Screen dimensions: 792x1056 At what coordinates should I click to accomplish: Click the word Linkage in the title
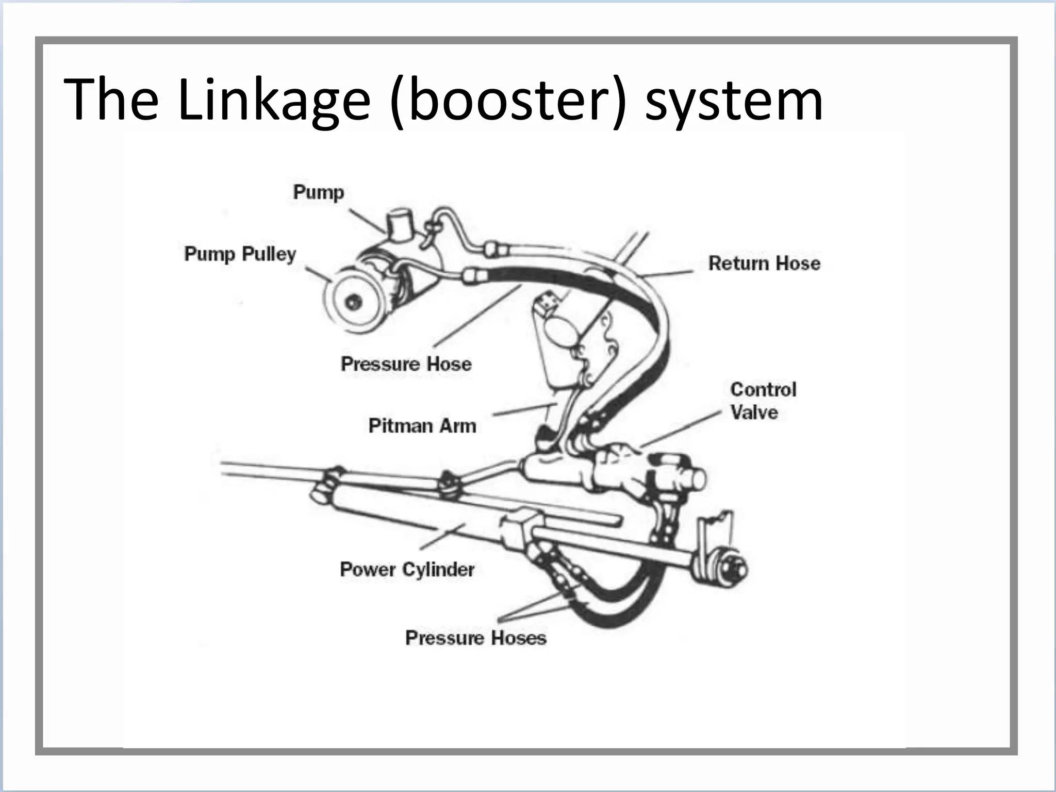[x=274, y=99]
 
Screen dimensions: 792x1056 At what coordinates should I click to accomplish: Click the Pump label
[x=318, y=192]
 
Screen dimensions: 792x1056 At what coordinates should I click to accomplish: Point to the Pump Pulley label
[x=240, y=254]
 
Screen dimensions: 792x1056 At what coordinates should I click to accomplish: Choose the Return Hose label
[x=764, y=263]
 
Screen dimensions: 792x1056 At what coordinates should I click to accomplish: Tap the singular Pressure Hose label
[x=406, y=364]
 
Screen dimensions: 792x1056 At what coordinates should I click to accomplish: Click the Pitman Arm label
[x=422, y=426]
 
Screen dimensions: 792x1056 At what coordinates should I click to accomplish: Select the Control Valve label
[x=763, y=401]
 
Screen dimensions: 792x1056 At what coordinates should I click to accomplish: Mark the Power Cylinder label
[x=407, y=569]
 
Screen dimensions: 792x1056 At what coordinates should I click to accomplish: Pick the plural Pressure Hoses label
[x=475, y=638]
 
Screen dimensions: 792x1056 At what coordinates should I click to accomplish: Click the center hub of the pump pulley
[x=353, y=303]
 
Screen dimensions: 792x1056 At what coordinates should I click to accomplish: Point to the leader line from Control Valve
[x=681, y=429]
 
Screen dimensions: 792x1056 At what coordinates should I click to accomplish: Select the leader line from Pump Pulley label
[x=318, y=274]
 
